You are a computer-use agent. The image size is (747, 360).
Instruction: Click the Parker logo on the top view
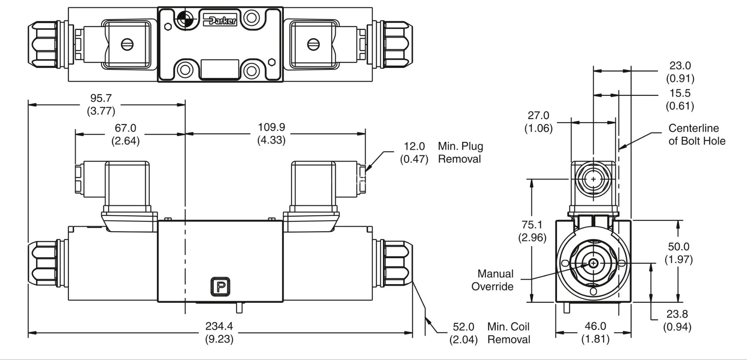pyautogui.click(x=220, y=20)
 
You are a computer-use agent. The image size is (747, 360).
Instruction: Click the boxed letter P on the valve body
pyautogui.click(x=220, y=287)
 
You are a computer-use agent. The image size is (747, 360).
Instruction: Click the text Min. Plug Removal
pyautogui.click(x=460, y=152)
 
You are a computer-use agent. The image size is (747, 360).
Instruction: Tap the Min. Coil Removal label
pyautogui.click(x=508, y=333)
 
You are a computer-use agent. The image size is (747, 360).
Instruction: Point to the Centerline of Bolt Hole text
pyautogui.click(x=697, y=134)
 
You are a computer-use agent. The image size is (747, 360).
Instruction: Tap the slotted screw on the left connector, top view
pyautogui.click(x=127, y=45)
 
